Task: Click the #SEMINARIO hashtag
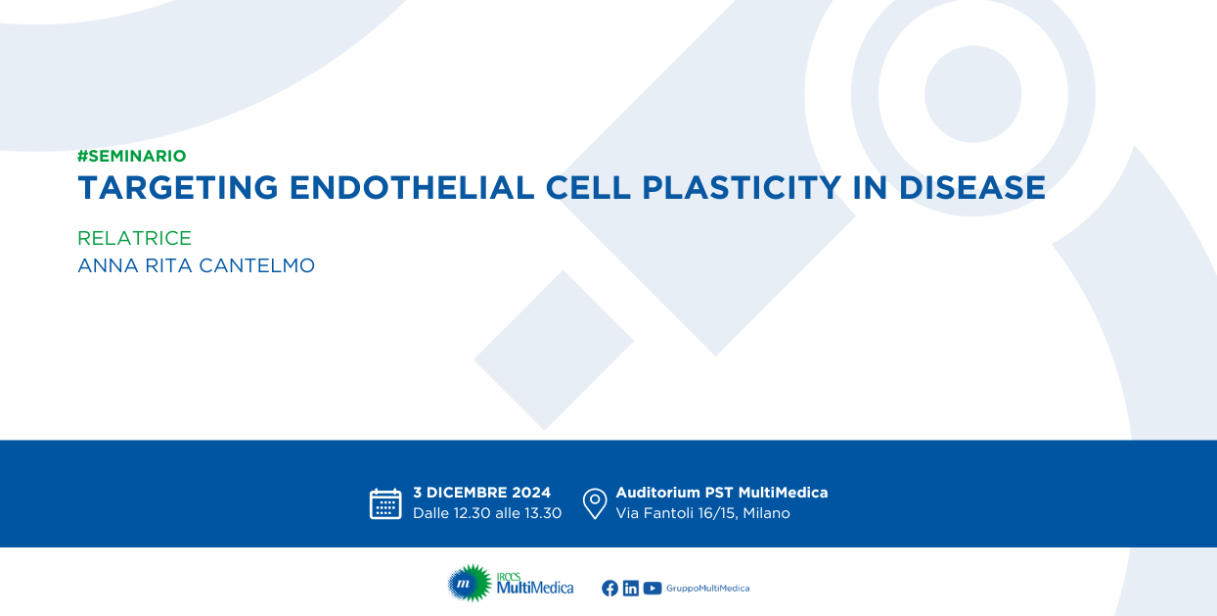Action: pos(131,156)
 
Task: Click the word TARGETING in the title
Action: pos(178,188)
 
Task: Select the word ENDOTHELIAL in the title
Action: pos(412,188)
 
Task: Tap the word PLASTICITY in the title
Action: pos(742,188)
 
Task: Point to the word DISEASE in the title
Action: pos(972,188)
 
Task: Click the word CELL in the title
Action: pos(588,188)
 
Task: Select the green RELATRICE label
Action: pos(134,238)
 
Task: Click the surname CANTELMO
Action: pos(257,265)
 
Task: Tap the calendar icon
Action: pos(385,503)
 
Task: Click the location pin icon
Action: pos(595,503)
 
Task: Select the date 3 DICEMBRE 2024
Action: pos(482,493)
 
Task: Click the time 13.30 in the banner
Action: pos(543,513)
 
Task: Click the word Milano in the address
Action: pos(767,513)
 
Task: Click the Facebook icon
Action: pos(609,589)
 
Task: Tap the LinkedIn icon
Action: pos(631,589)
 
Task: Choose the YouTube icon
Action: pos(653,589)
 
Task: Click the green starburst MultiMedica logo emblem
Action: pos(469,584)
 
